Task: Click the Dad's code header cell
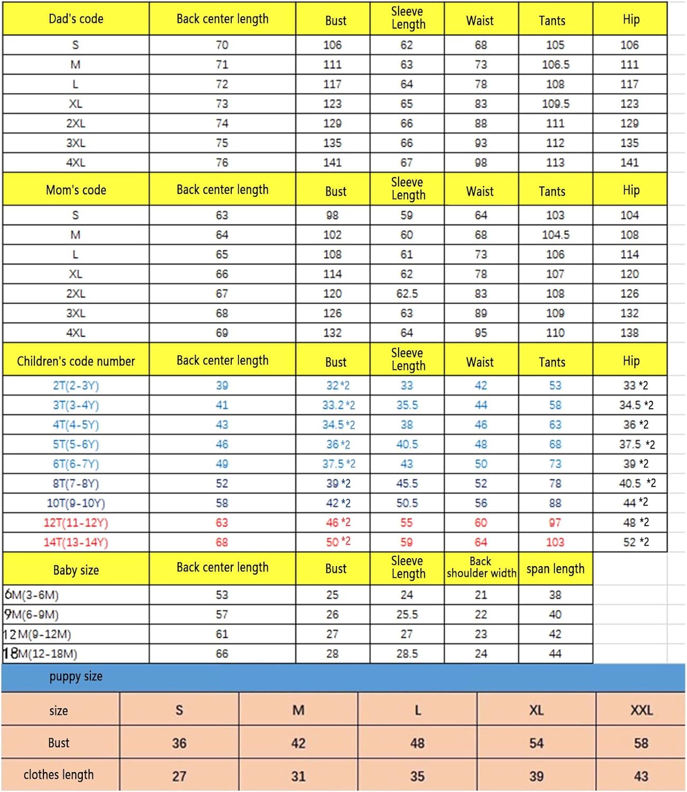[x=76, y=19]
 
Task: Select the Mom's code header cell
[x=76, y=190]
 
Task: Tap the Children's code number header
[x=76, y=361]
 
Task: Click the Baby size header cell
[x=76, y=570]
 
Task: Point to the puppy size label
[x=76, y=676]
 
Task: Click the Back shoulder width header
[x=481, y=567]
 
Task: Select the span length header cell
[x=555, y=569]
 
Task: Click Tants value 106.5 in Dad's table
[x=555, y=64]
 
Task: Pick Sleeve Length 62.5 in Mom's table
[x=407, y=294]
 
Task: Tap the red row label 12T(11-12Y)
[x=76, y=523]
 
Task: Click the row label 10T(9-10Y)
[x=76, y=503]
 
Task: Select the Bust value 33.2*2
[x=338, y=405]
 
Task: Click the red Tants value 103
[x=555, y=542]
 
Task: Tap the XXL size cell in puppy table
[x=641, y=710]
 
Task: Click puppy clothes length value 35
[x=417, y=776]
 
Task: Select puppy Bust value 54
[x=536, y=743]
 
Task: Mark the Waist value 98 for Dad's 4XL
[x=481, y=163]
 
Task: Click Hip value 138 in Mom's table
[x=629, y=333]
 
